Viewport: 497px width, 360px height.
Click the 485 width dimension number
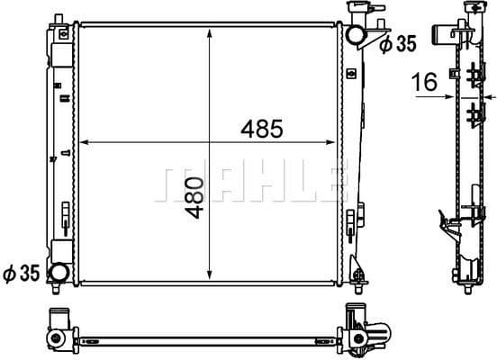click(x=262, y=129)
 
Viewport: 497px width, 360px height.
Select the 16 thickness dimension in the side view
click(x=425, y=82)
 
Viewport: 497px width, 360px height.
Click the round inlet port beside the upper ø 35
click(x=357, y=35)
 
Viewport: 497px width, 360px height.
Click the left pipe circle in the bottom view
click(x=59, y=338)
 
